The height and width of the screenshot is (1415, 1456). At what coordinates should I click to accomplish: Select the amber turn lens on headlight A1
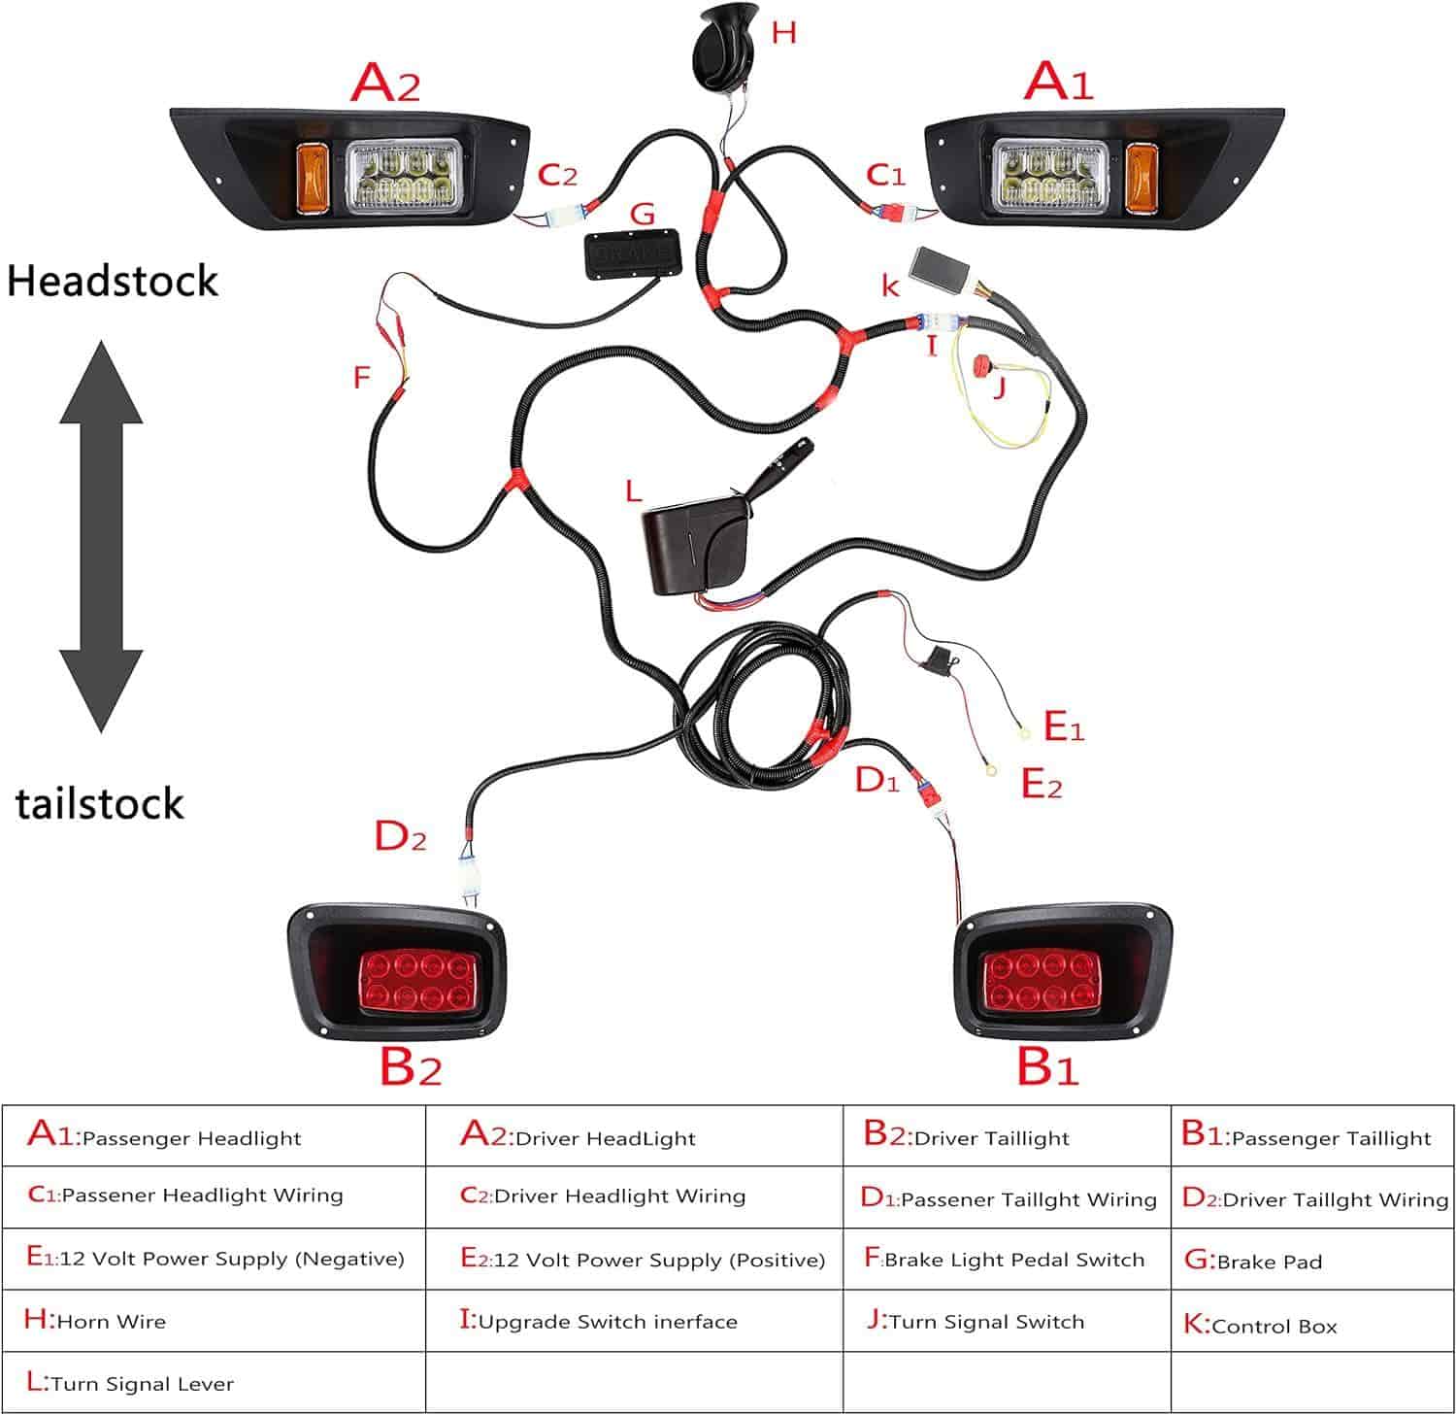coord(1142,179)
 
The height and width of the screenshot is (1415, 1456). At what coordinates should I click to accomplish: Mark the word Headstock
coord(113,281)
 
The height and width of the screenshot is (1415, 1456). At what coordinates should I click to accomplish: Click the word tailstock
coord(99,803)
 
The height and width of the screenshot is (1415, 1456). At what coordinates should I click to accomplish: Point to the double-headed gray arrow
coord(101,536)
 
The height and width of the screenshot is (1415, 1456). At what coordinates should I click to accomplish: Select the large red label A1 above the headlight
coord(1060,82)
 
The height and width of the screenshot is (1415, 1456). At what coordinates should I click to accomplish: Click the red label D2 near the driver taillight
coord(401,836)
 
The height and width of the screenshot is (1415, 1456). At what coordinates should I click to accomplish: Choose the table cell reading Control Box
coord(1312,1321)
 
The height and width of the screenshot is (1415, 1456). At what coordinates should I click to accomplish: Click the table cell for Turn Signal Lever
coord(214,1382)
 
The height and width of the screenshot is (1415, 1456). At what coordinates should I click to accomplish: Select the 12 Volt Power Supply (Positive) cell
coord(635,1259)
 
